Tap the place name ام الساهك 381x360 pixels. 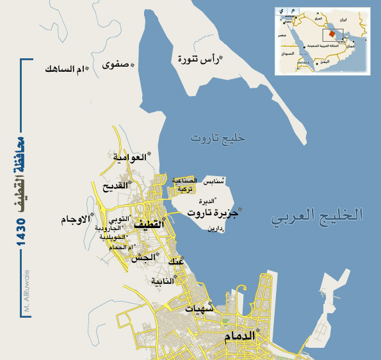pyautogui.click(x=65, y=69)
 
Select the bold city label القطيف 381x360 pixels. pyautogui.click(x=149, y=225)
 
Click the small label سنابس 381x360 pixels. pyautogui.click(x=216, y=182)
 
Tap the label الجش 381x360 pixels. pyautogui.click(x=143, y=258)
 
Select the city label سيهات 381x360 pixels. pyautogui.click(x=199, y=308)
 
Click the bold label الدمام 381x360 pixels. pyautogui.click(x=239, y=336)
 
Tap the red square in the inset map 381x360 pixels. pyautogui.click(x=332, y=33)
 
